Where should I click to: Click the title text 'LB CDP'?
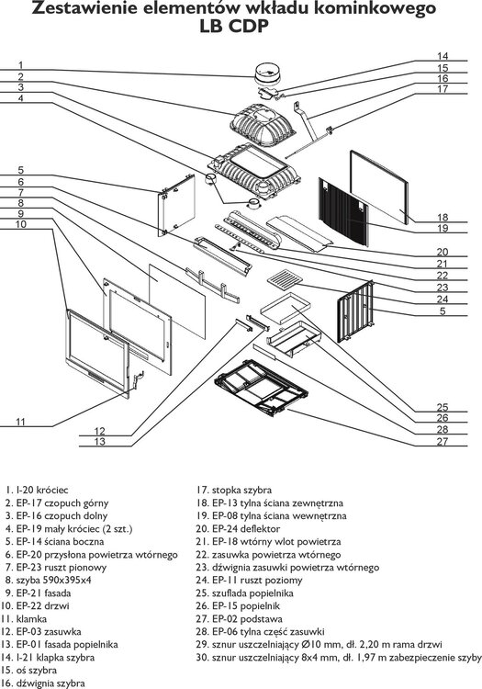click(241, 28)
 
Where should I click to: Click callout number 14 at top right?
click(442, 56)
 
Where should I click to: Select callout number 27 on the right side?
click(442, 442)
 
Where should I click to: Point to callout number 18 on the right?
click(442, 218)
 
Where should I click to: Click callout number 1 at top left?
click(20, 64)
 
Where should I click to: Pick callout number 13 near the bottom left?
click(99, 442)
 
